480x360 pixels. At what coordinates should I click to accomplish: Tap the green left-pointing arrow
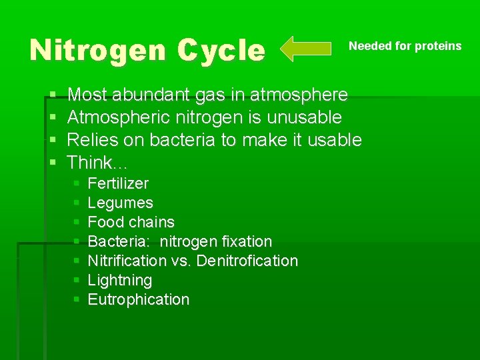coord(305,49)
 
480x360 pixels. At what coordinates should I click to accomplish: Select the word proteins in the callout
coord(438,46)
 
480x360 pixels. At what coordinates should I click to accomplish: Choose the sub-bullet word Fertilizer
coord(118,183)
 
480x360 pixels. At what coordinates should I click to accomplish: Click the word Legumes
coord(120,203)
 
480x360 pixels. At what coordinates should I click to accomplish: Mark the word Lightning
coord(120,280)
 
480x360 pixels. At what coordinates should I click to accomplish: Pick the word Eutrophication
coord(139,299)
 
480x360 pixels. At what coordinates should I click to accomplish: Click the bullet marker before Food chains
coord(77,222)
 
